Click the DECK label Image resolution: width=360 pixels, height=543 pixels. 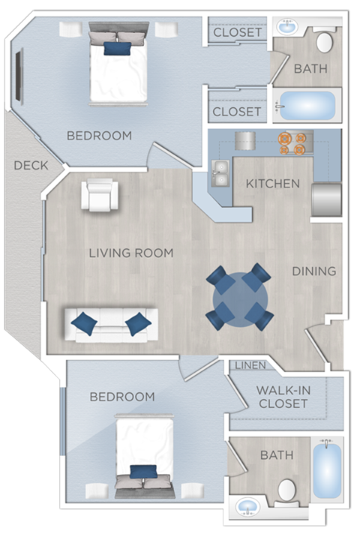click(x=31, y=165)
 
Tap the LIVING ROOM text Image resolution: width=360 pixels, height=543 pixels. click(x=131, y=253)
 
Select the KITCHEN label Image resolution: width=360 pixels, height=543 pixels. click(x=273, y=184)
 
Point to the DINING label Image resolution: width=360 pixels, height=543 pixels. click(x=313, y=271)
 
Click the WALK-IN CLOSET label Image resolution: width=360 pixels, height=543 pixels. click(x=282, y=397)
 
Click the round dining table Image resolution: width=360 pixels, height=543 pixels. click(x=238, y=297)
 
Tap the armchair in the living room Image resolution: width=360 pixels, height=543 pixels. click(x=99, y=195)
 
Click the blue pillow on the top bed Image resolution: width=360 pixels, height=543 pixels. click(x=116, y=49)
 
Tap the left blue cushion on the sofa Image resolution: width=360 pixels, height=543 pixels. click(x=84, y=323)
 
